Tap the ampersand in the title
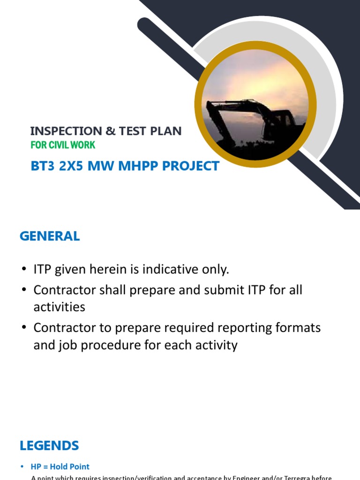pos(110,131)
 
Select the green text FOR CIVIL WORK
pos(63,145)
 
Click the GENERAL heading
pos(50,236)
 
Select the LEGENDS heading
pos(49,445)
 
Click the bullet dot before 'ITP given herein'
pos(24,270)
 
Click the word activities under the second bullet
pos(59,307)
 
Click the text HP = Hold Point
pos(60,466)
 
